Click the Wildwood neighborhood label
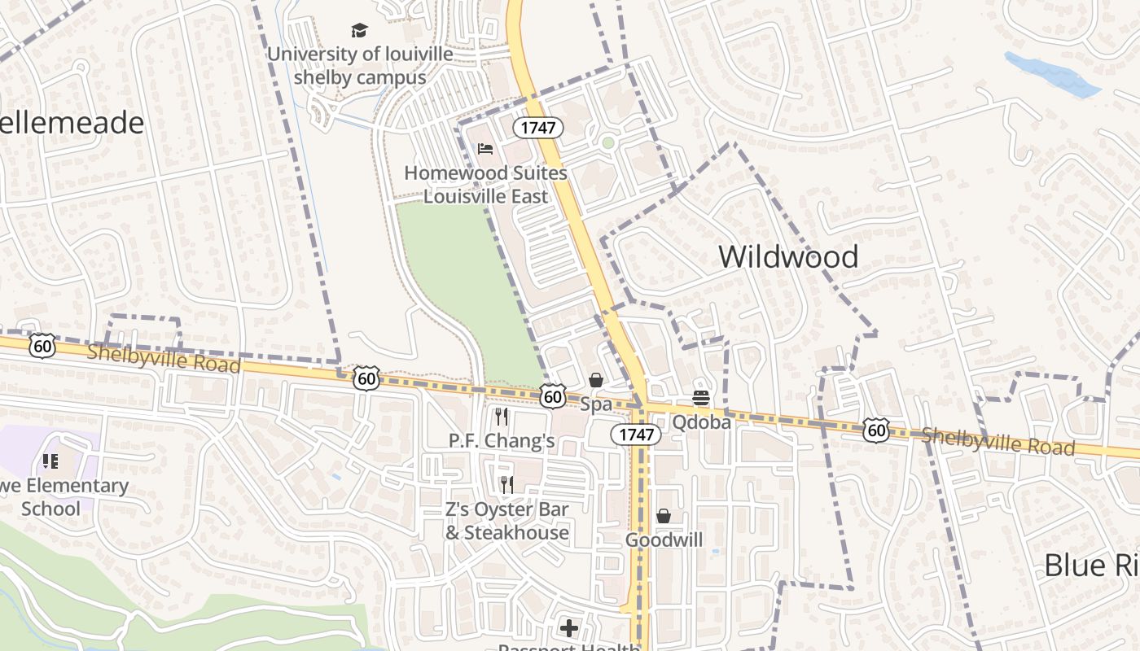[788, 257]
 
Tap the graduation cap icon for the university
[359, 31]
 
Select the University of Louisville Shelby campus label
[360, 66]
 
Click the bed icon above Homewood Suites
[485, 149]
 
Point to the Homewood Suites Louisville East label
[485, 185]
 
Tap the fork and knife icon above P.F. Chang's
[502, 417]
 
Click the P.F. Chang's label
[502, 441]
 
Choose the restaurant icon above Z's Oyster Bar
[506, 485]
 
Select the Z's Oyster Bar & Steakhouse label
[506, 521]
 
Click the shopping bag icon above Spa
[596, 380]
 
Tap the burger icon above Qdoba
[701, 398]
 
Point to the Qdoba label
[701, 422]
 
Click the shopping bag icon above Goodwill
[664, 516]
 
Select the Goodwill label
[664, 540]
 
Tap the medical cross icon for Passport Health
[569, 628]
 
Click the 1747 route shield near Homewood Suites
[538, 128]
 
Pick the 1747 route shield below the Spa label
[636, 435]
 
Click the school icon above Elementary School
[50, 461]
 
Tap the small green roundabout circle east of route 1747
[607, 143]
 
